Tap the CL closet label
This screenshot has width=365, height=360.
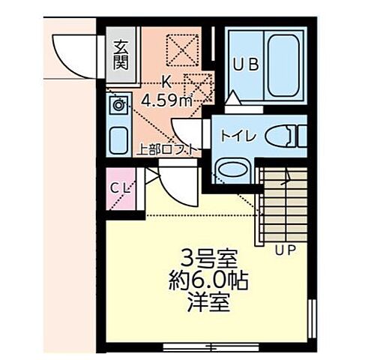[120, 187]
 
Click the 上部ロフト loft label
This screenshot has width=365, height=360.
[169, 148]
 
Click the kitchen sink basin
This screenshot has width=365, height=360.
[118, 139]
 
